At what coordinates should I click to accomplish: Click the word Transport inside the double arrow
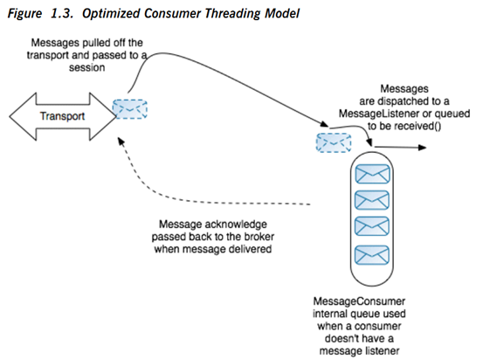tap(62, 116)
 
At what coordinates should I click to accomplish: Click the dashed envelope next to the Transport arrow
tap(129, 109)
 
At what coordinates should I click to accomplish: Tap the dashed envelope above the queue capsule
tap(334, 142)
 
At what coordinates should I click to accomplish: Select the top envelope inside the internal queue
tap(372, 174)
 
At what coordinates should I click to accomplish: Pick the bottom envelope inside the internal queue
tap(372, 255)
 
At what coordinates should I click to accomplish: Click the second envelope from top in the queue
tap(372, 200)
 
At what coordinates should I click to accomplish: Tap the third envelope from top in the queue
tap(372, 226)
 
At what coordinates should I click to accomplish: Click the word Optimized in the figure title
tap(110, 14)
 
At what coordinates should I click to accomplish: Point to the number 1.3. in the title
tap(62, 14)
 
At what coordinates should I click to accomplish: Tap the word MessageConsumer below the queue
tap(359, 301)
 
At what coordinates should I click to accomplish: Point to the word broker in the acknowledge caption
tap(259, 237)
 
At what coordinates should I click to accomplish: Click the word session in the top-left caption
tap(86, 67)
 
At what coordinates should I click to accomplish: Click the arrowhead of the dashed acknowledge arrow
tap(121, 142)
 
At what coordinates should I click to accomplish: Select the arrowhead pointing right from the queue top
tap(422, 148)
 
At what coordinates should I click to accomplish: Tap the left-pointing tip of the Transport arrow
tap(10, 116)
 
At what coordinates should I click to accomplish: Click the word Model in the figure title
tap(282, 14)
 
